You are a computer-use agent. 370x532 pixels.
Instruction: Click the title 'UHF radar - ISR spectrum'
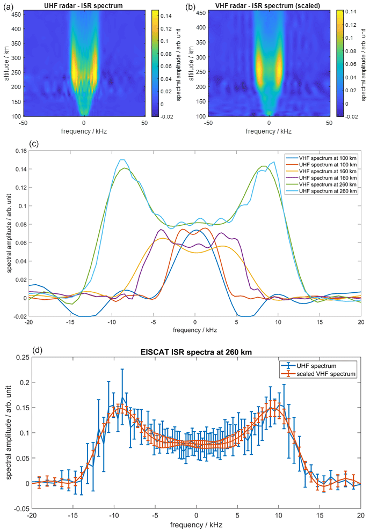[83, 5]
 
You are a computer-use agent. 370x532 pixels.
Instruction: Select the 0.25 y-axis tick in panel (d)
[20, 357]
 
